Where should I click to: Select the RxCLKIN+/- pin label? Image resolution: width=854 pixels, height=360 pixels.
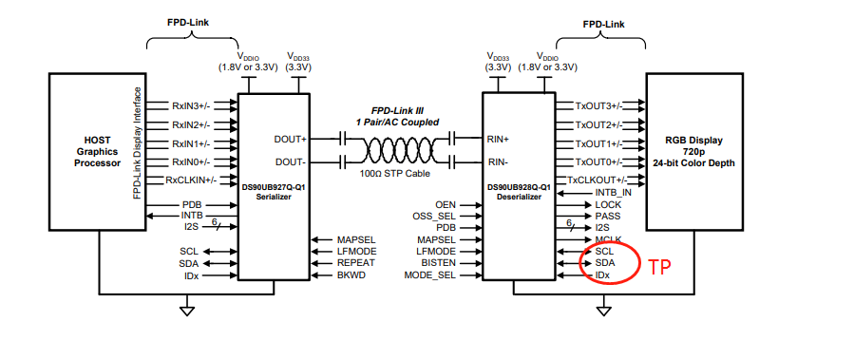191,180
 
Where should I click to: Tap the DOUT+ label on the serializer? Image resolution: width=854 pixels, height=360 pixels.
292,139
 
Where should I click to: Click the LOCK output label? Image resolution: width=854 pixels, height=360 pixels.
608,204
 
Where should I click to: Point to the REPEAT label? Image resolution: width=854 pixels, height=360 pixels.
355,263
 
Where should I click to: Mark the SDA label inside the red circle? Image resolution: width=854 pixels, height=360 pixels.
606,263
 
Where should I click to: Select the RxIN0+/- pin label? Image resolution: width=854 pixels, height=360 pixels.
191,161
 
